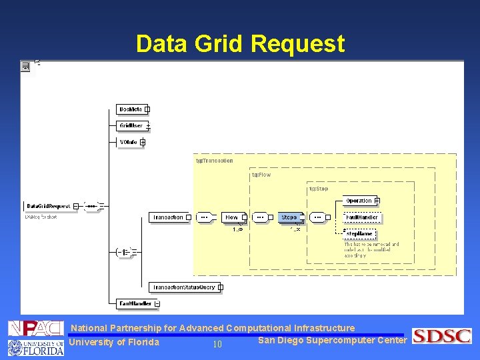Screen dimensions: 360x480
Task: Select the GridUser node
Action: tap(131, 125)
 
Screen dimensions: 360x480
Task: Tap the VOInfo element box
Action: tap(129, 142)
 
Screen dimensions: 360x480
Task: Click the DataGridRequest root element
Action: tap(49, 207)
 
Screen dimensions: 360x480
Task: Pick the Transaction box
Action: tap(168, 217)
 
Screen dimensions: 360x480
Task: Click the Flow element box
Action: tap(231, 217)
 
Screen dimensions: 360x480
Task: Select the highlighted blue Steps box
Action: tap(289, 217)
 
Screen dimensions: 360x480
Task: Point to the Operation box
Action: tap(359, 201)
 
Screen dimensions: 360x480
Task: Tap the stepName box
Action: tap(359, 234)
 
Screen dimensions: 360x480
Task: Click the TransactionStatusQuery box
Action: tap(184, 287)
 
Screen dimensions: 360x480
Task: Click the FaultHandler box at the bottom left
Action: tap(135, 304)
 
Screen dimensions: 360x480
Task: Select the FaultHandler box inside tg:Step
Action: tap(361, 217)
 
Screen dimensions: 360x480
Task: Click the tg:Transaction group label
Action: tap(214, 161)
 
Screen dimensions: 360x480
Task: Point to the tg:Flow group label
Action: tap(261, 175)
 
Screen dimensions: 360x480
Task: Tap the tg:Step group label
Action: tap(318, 189)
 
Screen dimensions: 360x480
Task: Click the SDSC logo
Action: tap(442, 336)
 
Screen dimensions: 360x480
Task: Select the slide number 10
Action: tap(217, 345)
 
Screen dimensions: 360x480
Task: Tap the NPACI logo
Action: tap(35, 329)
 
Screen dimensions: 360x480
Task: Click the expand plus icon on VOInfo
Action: tap(143, 142)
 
